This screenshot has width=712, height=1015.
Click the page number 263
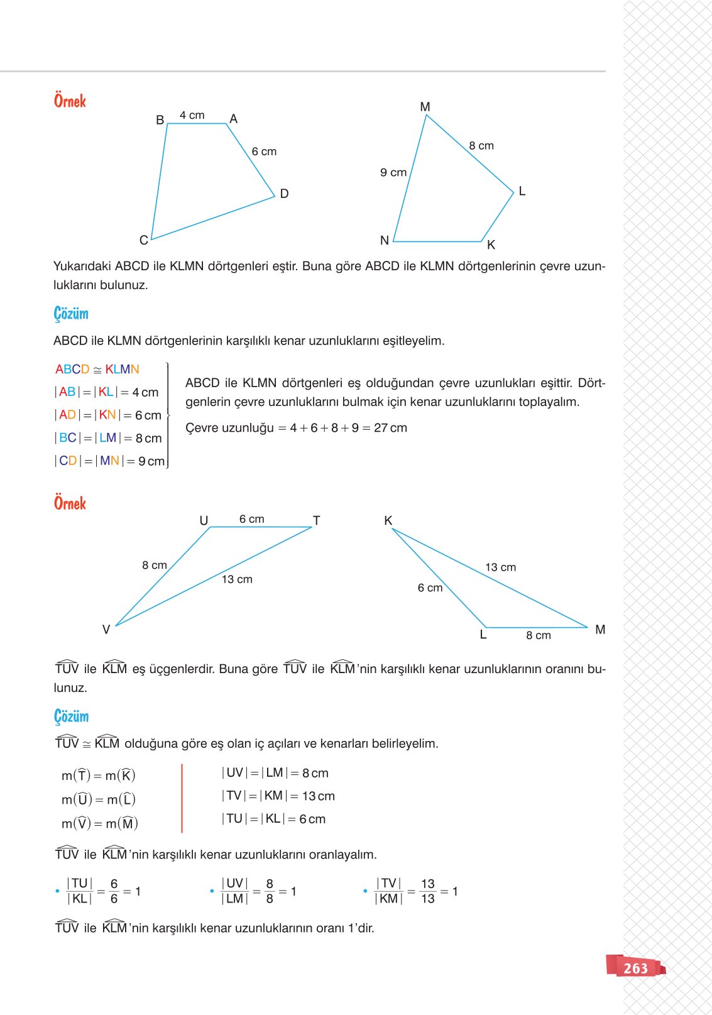tap(635, 968)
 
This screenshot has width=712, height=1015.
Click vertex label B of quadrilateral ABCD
tap(160, 120)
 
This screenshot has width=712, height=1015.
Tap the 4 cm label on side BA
tap(192, 116)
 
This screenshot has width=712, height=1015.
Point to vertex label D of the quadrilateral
tap(284, 194)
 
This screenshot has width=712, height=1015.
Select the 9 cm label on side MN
tap(393, 172)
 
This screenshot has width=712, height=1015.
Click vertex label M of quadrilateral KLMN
tap(425, 107)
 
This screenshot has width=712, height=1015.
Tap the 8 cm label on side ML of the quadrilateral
tap(481, 146)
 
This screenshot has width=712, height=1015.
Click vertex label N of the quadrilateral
tap(385, 240)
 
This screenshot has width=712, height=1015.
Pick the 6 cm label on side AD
tap(264, 151)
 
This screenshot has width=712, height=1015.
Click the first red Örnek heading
tap(70, 101)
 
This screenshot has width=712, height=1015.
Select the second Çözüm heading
tap(71, 716)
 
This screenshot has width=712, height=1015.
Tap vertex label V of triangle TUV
tap(106, 629)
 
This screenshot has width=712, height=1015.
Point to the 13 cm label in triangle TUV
tap(237, 579)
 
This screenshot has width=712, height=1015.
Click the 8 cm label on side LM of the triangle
tap(539, 635)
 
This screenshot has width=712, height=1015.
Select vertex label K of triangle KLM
tap(388, 520)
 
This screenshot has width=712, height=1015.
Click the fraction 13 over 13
tap(427, 891)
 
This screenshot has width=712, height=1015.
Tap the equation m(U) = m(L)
tap(99, 799)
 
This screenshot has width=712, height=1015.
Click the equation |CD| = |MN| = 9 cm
tap(110, 461)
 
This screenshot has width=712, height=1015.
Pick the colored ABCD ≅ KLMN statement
tap(97, 370)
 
